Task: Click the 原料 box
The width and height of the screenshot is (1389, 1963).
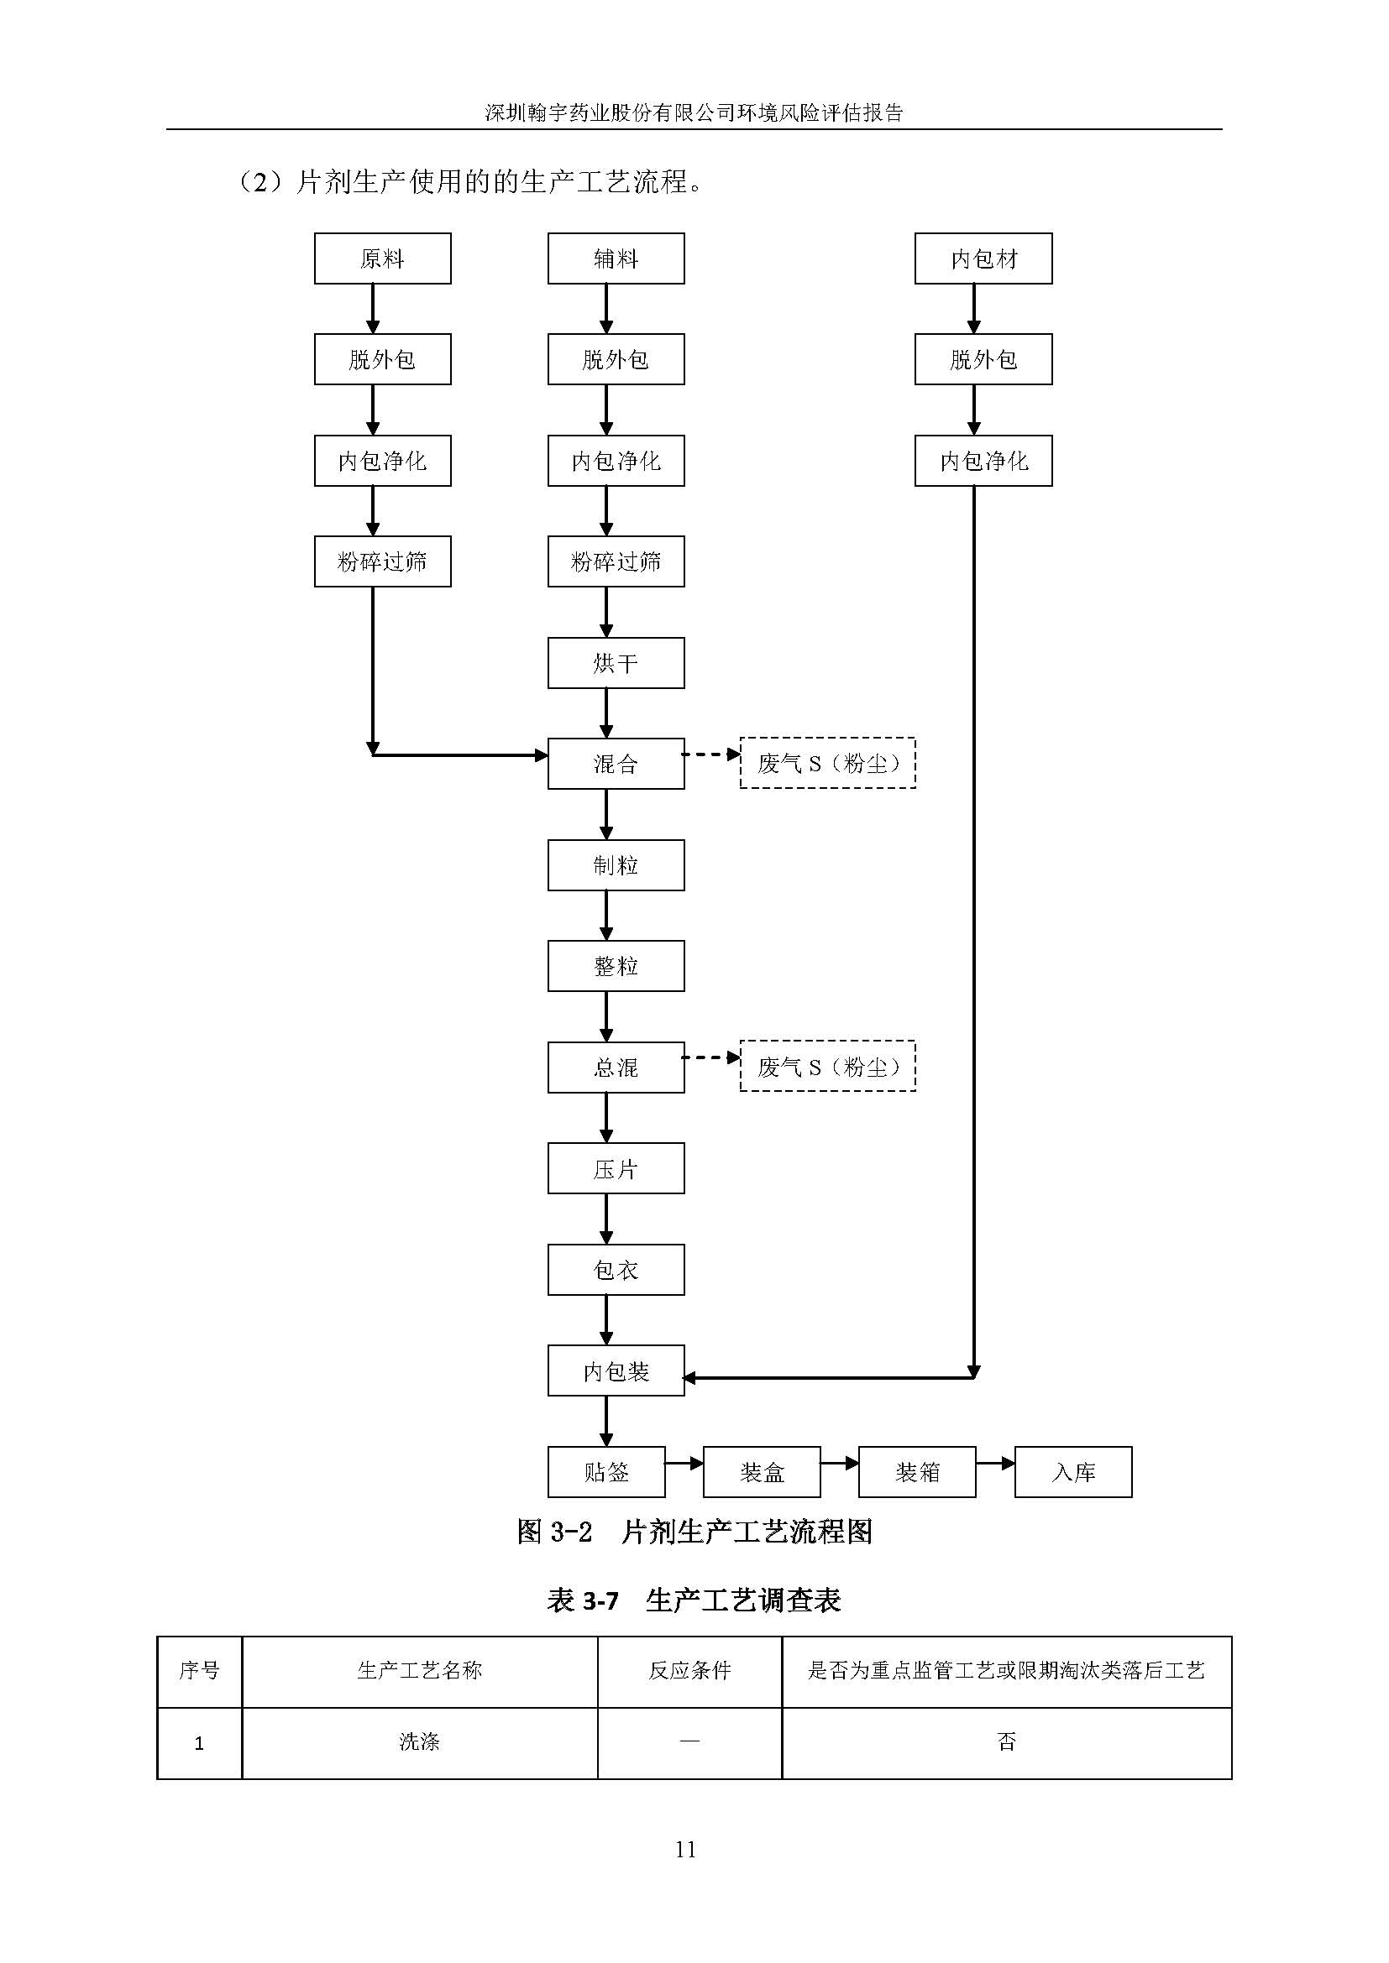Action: (x=382, y=258)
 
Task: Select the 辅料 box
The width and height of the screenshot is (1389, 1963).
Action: (x=616, y=258)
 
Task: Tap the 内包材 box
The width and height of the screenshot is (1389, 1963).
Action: (x=983, y=258)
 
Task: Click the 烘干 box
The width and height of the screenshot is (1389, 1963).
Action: (x=616, y=663)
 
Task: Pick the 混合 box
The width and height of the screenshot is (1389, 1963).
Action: (x=616, y=764)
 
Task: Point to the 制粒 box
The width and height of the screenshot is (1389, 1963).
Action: (x=616, y=865)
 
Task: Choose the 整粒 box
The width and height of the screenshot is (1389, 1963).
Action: (x=616, y=966)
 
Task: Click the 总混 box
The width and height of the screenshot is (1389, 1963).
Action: (x=616, y=1067)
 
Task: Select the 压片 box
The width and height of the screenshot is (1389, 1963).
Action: (x=616, y=1169)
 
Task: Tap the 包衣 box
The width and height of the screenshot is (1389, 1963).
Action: (x=616, y=1270)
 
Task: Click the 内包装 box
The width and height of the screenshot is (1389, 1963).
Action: (x=616, y=1371)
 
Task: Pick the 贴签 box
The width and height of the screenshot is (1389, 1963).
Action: (x=606, y=1472)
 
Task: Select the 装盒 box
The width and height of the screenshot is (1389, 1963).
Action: (x=761, y=1472)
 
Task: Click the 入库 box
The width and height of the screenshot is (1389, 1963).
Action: (x=1072, y=1472)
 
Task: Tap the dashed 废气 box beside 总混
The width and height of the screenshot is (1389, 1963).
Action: (x=827, y=1066)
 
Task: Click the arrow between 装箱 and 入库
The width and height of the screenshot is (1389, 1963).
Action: (x=994, y=1463)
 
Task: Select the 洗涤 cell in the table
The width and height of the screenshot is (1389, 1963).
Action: (x=419, y=1742)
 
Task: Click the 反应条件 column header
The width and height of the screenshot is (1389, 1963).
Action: (x=689, y=1671)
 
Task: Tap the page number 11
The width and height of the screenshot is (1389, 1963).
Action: (x=685, y=1850)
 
